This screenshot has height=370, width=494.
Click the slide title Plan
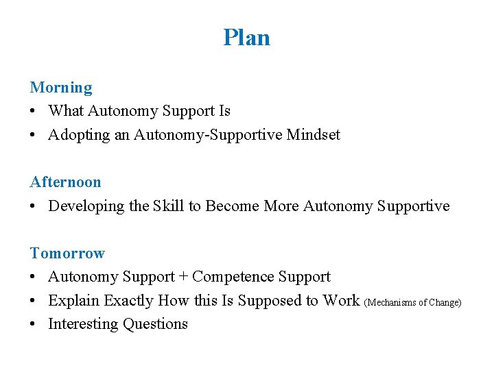[x=246, y=37]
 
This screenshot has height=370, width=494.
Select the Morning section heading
[x=61, y=88]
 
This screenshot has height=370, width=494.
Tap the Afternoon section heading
[x=65, y=182]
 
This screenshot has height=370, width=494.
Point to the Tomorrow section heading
[x=67, y=254]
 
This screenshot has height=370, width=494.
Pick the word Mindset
[x=313, y=135]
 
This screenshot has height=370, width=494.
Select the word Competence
[x=233, y=277]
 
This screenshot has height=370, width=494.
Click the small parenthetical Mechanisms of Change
[x=413, y=302]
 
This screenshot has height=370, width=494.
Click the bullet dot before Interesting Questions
[x=34, y=325]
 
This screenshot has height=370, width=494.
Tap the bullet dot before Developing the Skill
[x=34, y=207]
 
